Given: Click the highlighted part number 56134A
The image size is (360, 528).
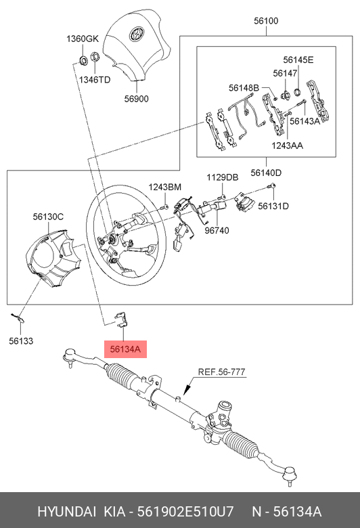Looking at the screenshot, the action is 125,349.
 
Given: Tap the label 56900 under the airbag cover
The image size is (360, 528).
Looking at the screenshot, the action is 137,99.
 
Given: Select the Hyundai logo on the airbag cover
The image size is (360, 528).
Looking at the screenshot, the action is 137,33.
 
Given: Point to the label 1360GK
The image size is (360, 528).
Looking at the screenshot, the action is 83,39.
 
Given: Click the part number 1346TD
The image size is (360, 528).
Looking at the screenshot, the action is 95,80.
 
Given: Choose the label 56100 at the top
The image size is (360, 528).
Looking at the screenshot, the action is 266,21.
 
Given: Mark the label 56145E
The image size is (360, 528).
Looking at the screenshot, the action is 298,60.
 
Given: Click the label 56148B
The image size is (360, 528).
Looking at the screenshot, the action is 244,88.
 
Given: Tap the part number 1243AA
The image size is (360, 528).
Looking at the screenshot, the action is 288,146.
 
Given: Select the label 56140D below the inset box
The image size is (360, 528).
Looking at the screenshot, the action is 266,173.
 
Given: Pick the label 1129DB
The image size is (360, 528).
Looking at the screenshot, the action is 222,177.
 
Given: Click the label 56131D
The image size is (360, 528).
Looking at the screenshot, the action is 273,206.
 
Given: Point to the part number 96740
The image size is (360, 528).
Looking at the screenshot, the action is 217,230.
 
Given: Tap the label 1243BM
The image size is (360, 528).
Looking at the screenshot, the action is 165,188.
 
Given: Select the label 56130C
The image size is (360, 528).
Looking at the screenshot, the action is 48,217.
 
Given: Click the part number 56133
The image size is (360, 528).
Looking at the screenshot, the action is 21,341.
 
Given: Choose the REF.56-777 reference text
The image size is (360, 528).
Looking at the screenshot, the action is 221,372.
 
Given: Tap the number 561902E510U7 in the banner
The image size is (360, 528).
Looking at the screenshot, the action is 185,512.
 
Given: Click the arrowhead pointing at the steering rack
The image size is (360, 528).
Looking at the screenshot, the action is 186,389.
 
